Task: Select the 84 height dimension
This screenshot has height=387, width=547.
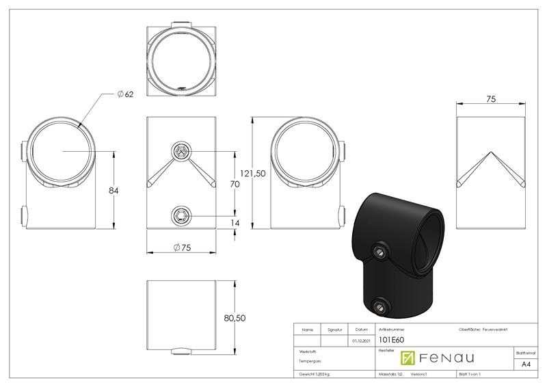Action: (114, 190)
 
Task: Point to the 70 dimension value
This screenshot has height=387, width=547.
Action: (233, 184)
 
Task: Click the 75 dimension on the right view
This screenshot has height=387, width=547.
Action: (490, 98)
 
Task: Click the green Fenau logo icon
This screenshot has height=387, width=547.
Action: (408, 358)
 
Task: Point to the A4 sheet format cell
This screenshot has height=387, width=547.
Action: (524, 365)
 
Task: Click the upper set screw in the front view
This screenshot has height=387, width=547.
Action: (181, 151)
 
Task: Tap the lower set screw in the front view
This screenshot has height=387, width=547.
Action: (181, 217)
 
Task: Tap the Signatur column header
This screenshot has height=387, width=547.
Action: (334, 329)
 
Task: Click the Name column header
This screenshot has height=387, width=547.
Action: (307, 329)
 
